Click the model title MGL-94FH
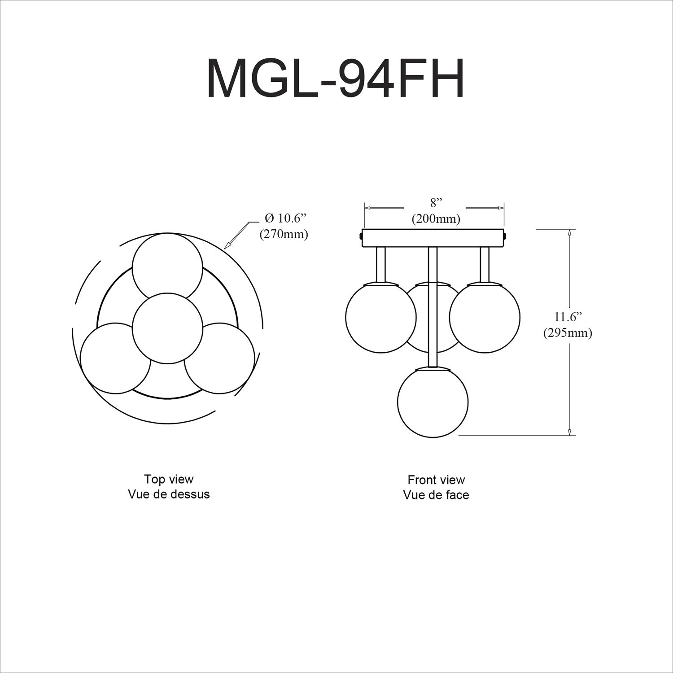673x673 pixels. coord(335,79)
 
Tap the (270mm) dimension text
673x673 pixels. coord(284,234)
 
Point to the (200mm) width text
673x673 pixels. coord(436,219)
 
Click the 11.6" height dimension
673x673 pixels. coord(568,317)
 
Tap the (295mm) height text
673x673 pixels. coord(568,333)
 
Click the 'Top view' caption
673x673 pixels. coord(169,479)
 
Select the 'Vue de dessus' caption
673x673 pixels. coord(169,494)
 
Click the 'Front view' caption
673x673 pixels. coord(436,480)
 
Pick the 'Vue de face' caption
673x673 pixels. coord(436,495)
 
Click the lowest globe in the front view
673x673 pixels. coord(433,402)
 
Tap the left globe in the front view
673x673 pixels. coord(381,317)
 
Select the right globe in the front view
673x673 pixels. coord(485,317)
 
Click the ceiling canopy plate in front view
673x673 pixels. coord(434,238)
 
